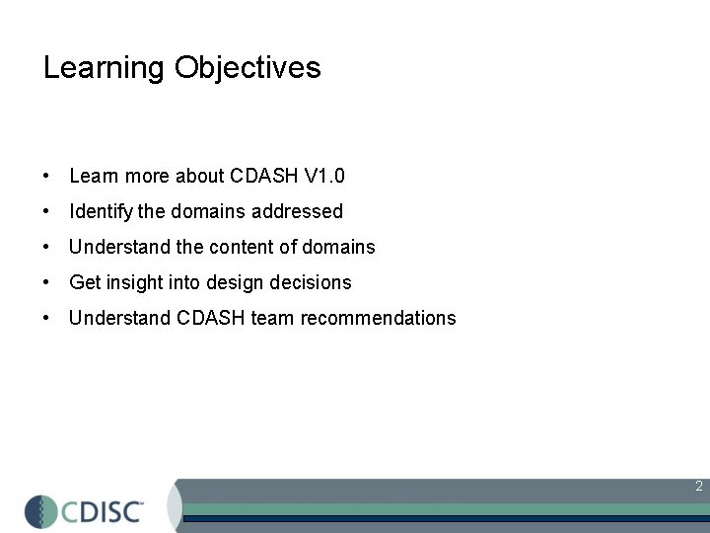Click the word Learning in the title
[104, 68]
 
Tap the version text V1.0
[324, 177]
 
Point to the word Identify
[102, 211]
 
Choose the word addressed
[297, 211]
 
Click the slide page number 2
[698, 486]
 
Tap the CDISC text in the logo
[105, 511]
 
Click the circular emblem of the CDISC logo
[42, 511]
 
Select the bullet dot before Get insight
[47, 283]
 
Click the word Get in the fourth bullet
[86, 282]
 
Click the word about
[200, 177]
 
